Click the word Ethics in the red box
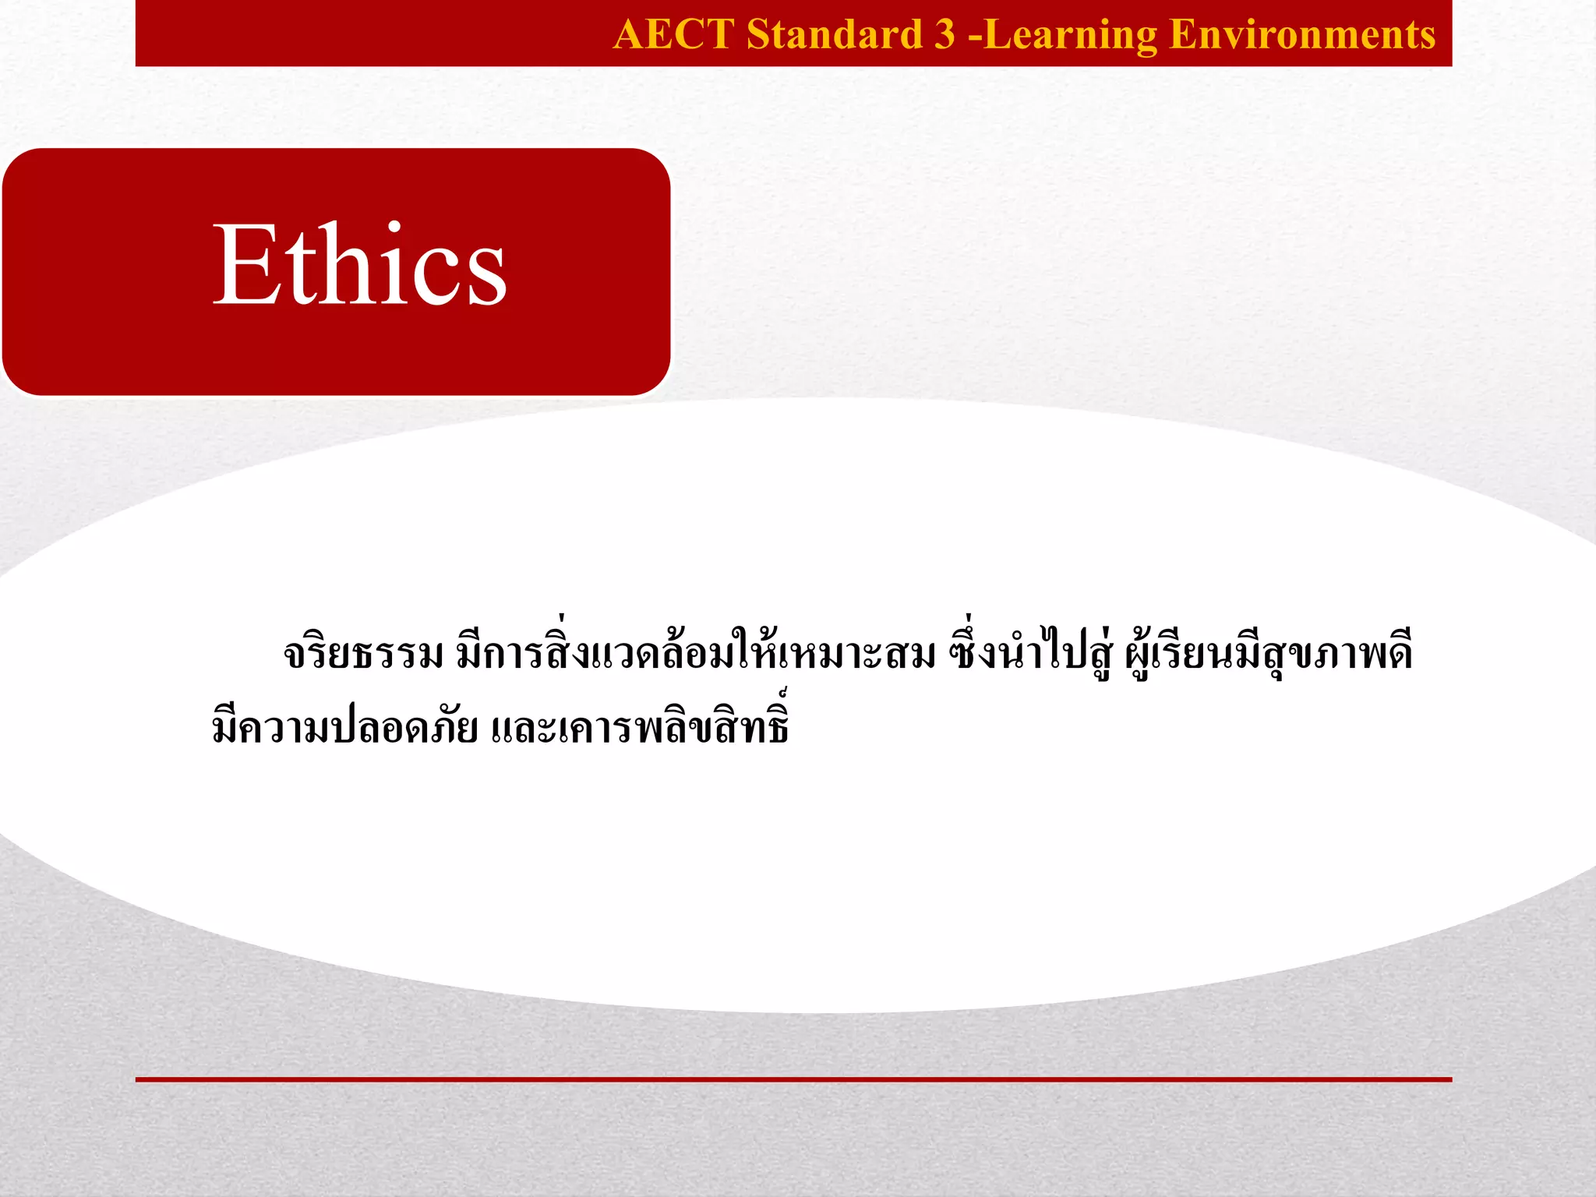359,265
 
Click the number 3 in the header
944,34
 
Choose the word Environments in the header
1302,34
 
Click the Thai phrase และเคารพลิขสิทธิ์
641,726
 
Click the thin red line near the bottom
793,1079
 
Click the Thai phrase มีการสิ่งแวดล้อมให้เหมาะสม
696,653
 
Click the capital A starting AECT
630,34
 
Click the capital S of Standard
757,34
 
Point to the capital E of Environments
1185,34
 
